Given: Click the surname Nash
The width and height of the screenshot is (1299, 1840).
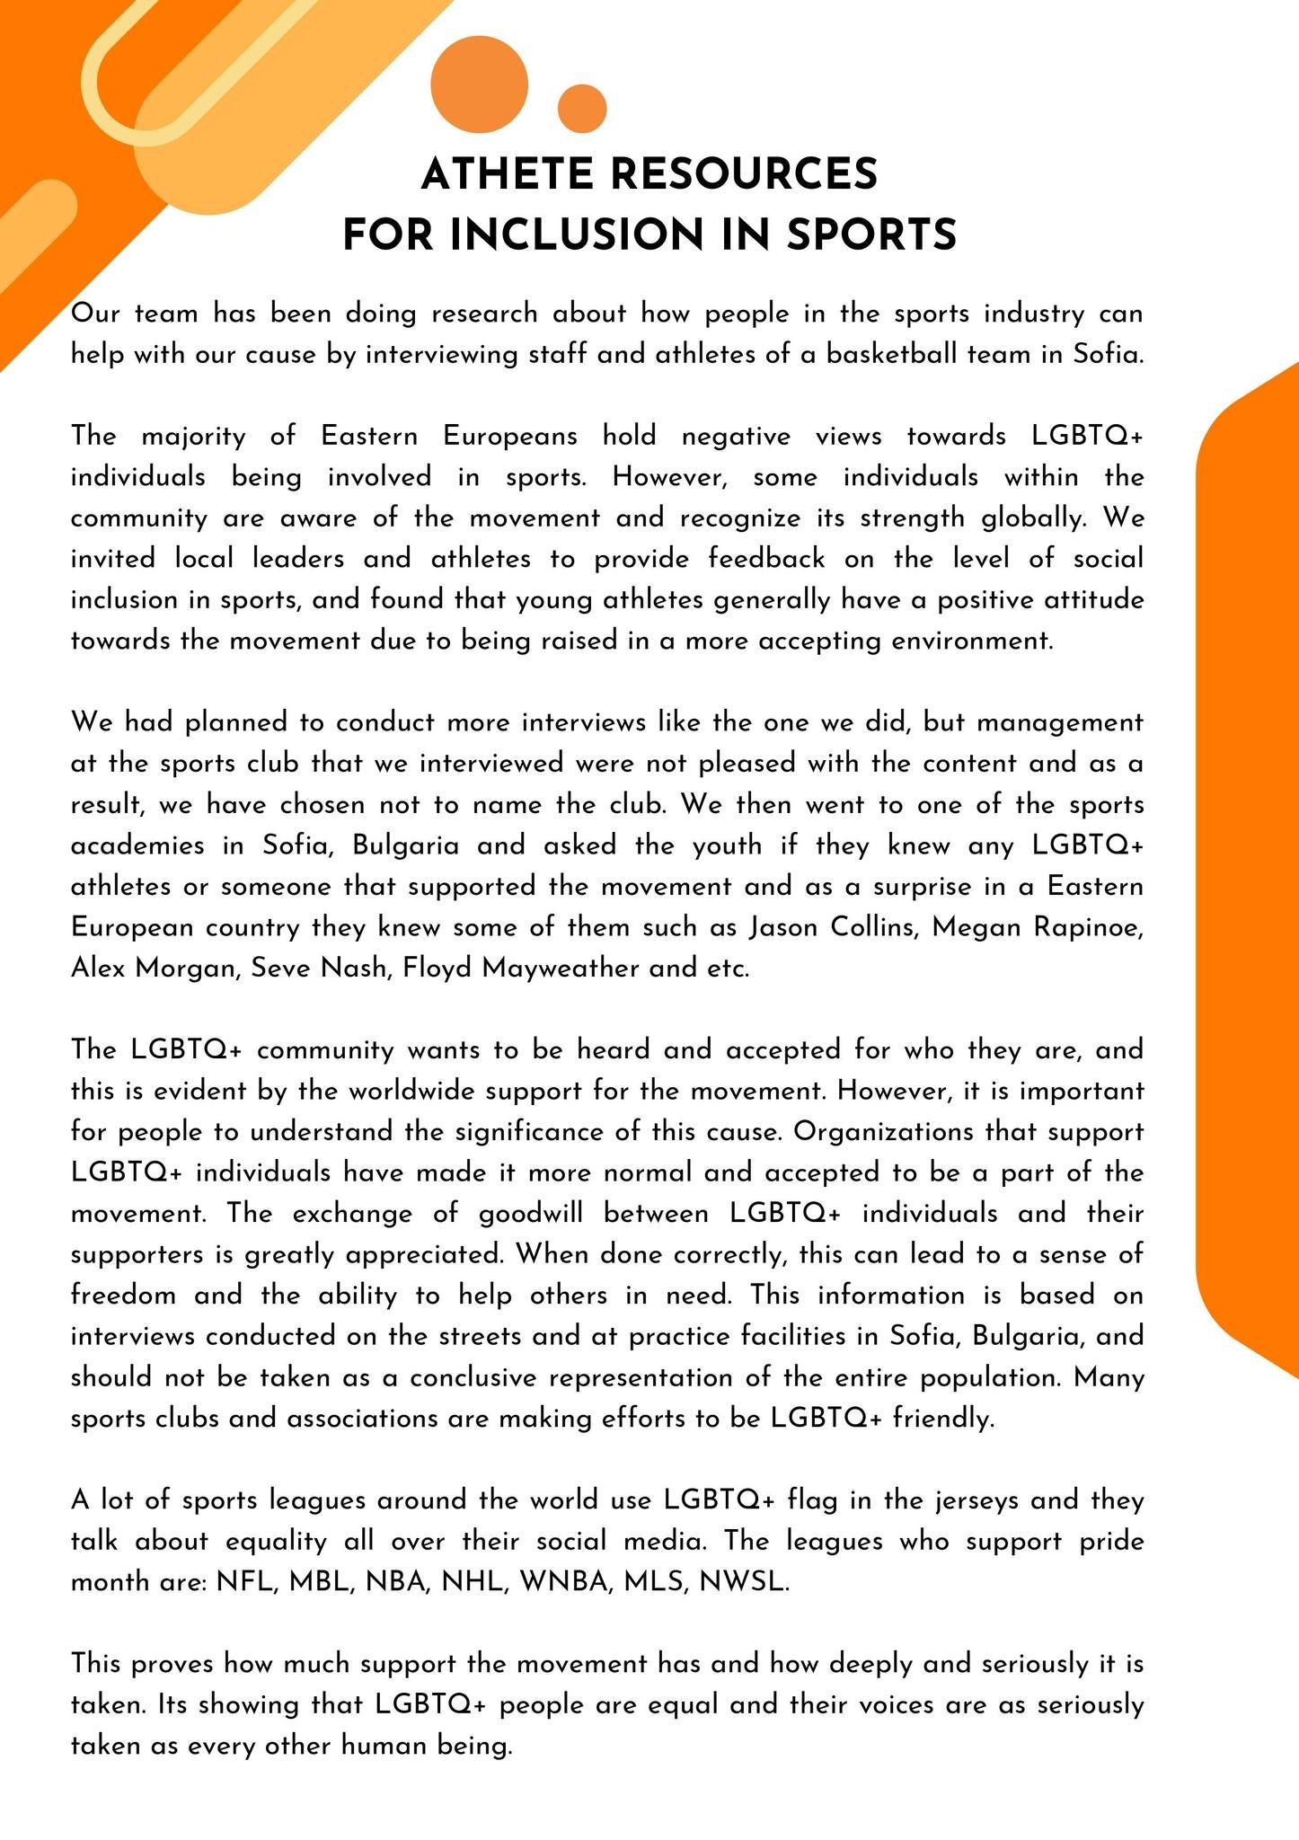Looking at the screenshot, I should coord(361,968).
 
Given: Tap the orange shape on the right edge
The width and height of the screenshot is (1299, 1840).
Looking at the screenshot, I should coord(1251,862).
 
